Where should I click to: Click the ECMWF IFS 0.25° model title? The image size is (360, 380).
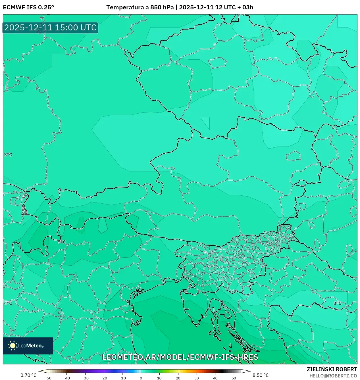(x=28, y=7)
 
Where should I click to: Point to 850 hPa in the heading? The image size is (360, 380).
(x=162, y=7)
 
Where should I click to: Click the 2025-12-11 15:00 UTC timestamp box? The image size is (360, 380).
(x=50, y=28)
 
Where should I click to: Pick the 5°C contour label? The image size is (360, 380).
(x=62, y=242)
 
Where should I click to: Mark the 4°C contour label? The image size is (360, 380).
(x=8, y=303)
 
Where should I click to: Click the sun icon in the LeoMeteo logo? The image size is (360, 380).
(x=13, y=346)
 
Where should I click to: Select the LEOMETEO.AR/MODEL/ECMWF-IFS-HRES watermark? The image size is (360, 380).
(x=180, y=357)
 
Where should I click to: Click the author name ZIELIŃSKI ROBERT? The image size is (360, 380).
(x=332, y=369)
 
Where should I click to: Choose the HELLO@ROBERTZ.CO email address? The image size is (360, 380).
(x=333, y=376)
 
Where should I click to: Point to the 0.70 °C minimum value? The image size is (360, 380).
(x=28, y=375)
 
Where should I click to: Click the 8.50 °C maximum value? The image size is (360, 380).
(x=261, y=375)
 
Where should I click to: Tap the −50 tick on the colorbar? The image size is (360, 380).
(x=48, y=378)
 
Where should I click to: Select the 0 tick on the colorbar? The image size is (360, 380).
(x=141, y=378)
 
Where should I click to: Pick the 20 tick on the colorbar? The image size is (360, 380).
(x=178, y=378)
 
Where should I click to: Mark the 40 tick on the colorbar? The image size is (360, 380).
(x=215, y=378)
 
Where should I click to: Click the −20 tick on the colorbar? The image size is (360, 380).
(x=104, y=378)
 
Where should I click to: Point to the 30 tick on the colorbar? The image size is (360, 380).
(x=197, y=378)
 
